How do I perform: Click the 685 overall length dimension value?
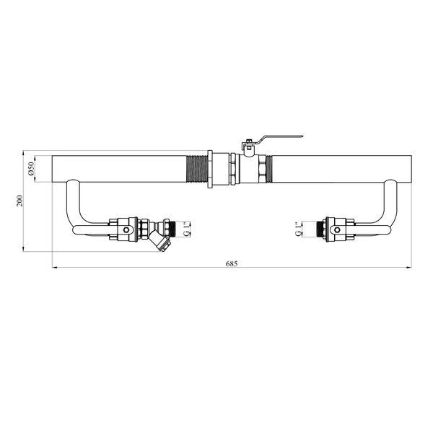[232, 263]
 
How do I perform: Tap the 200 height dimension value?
[19, 201]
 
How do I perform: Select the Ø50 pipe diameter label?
[30, 169]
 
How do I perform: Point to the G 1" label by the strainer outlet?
[187, 229]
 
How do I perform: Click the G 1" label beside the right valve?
[299, 229]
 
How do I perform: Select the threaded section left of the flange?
[197, 169]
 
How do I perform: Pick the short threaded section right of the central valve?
[269, 169]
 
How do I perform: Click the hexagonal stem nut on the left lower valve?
[126, 229]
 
